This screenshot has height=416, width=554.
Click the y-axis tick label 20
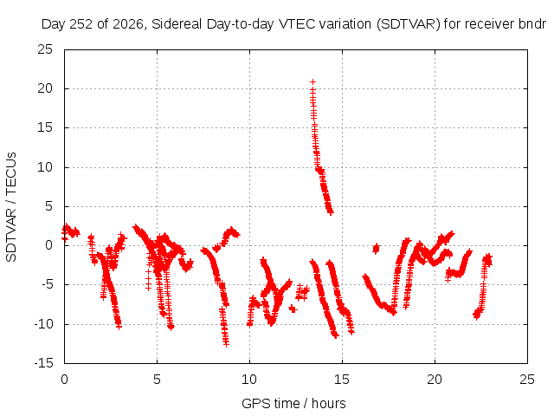coord(45,88)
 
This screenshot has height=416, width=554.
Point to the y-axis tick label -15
coord(43,363)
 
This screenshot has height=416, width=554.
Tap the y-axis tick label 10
coord(45,167)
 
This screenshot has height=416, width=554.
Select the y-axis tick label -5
coord(46,284)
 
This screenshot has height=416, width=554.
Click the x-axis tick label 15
coord(342,380)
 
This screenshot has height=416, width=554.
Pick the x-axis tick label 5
coord(157,380)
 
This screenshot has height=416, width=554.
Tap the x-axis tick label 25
coord(527,380)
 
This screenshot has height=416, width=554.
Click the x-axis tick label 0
coord(64,380)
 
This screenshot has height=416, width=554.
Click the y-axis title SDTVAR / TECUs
coord(11,207)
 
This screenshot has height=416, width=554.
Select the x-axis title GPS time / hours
coord(293,404)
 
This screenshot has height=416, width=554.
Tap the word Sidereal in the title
coord(177,24)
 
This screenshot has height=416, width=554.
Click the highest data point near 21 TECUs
coord(312,82)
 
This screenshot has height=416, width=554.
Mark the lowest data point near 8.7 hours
coord(226,344)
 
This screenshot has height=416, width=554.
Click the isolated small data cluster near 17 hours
coord(376,249)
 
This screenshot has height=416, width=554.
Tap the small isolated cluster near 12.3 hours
coord(293,309)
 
